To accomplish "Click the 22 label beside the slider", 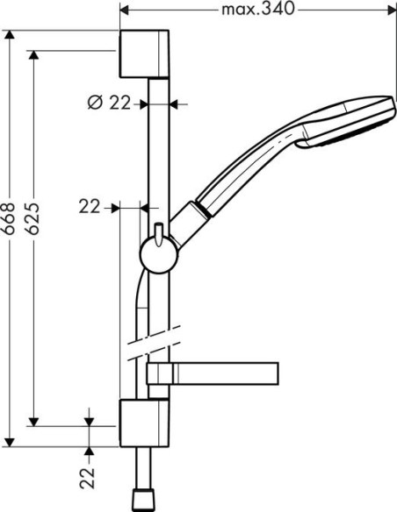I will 90,207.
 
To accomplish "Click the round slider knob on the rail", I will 158,254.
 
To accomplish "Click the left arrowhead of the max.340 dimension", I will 123,11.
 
